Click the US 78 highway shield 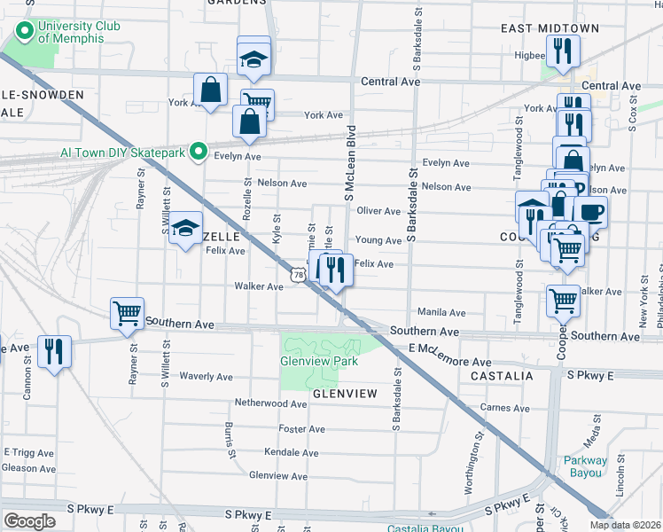click(x=298, y=276)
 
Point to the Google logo click(x=29, y=520)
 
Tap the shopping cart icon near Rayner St click(x=127, y=313)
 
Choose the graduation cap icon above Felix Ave click(x=186, y=229)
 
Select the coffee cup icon click(x=591, y=212)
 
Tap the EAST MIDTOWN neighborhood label click(x=538, y=28)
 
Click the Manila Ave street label click(x=441, y=313)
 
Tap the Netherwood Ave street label click(x=270, y=403)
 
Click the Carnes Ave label click(x=503, y=408)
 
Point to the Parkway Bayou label click(x=587, y=466)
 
